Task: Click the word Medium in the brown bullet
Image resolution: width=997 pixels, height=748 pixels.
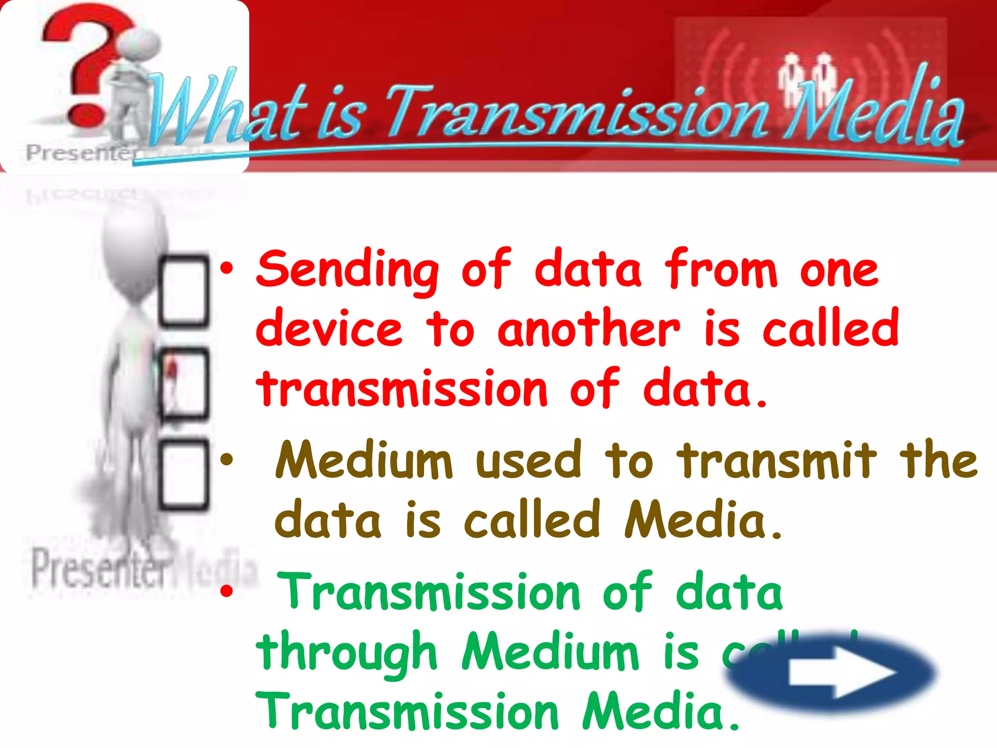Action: pos(364,460)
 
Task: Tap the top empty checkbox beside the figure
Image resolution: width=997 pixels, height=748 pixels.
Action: pos(184,290)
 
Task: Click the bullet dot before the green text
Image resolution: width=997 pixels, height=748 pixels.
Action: pos(226,591)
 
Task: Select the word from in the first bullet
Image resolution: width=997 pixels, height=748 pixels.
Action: pos(721,269)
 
